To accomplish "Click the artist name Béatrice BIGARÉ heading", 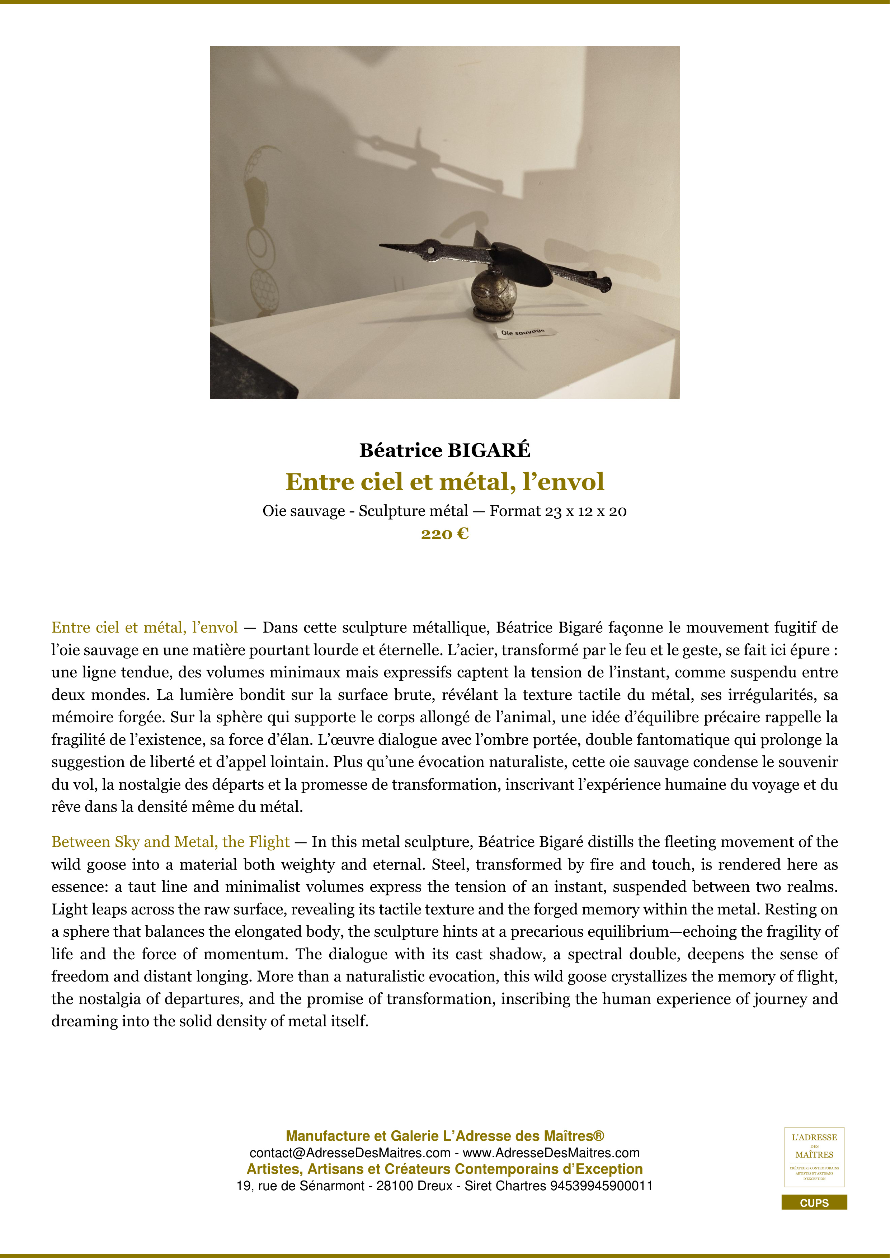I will [444, 450].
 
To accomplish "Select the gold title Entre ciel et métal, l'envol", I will [444, 482].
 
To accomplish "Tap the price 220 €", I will [444, 534].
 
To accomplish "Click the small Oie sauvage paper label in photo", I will [523, 331].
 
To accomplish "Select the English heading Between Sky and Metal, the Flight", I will [170, 842].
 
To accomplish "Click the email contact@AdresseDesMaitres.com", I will [350, 1153].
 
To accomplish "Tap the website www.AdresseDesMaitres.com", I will [551, 1153].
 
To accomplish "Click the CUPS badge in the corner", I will [814, 1203].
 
